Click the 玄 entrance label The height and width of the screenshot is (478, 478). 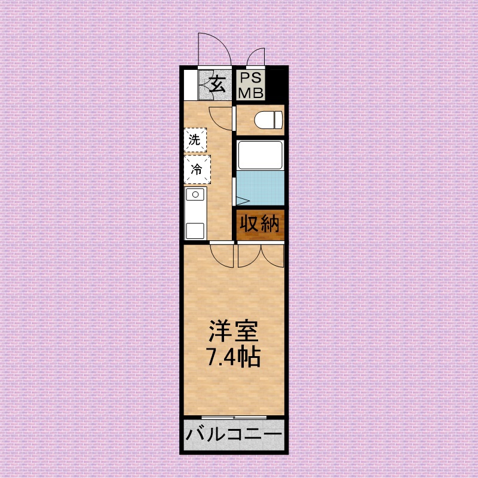coord(217,85)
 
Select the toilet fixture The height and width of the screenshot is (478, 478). coord(268,119)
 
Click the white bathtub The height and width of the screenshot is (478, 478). coord(260,155)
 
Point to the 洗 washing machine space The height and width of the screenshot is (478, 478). coord(195,140)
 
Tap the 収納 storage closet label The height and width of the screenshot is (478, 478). coord(260,224)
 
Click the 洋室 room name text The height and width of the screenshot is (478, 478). coord(233,332)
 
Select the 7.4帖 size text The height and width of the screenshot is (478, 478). coord(233,357)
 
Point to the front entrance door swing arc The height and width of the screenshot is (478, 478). coord(214,48)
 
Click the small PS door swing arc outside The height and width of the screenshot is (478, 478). coord(256,57)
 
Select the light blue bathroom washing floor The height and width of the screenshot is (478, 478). coord(260,188)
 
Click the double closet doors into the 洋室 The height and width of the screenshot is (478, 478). coord(261,254)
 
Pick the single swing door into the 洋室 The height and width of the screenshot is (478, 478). coord(221,254)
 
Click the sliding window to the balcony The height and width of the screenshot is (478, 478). coord(234,416)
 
